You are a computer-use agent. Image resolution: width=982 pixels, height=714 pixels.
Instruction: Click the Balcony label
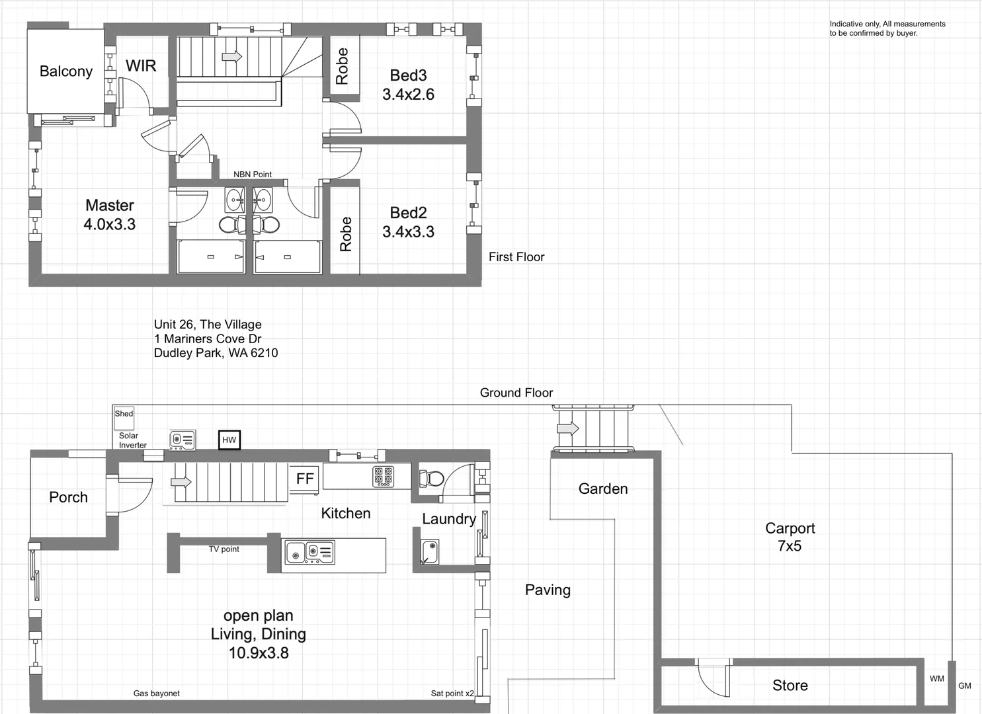(x=65, y=71)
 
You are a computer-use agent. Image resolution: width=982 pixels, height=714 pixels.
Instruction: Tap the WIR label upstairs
(x=141, y=66)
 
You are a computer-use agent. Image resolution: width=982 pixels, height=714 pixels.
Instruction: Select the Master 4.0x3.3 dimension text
(x=109, y=224)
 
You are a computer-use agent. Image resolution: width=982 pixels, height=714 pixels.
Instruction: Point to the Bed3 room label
(x=408, y=76)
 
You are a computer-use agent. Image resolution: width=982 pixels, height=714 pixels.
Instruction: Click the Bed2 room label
(x=408, y=213)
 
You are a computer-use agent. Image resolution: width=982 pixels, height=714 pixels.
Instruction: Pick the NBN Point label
(x=252, y=175)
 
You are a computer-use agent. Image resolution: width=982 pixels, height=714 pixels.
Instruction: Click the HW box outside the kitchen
(x=229, y=440)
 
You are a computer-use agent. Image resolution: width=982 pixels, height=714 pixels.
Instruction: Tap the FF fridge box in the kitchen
(x=305, y=479)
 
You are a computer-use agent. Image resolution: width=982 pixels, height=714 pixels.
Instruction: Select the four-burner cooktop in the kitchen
(x=383, y=476)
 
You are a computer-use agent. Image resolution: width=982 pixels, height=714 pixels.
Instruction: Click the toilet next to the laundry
(x=434, y=478)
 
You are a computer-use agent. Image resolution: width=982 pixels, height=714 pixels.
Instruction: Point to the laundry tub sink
(x=430, y=551)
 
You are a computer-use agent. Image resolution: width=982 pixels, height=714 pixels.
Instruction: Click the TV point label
(x=224, y=549)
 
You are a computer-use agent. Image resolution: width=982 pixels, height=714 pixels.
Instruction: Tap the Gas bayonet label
(x=156, y=694)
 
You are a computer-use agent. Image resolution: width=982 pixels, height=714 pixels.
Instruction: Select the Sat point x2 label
(x=452, y=694)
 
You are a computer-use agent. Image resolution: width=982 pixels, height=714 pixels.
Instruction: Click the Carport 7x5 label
(x=790, y=537)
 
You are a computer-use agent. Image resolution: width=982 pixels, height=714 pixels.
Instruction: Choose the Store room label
(x=790, y=686)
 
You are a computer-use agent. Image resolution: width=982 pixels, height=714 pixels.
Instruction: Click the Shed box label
(x=124, y=414)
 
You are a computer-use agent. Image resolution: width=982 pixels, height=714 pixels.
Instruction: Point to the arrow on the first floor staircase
(x=231, y=57)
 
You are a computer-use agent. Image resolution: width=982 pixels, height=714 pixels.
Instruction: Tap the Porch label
(x=68, y=497)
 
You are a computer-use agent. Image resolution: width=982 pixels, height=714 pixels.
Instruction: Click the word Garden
(x=602, y=489)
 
